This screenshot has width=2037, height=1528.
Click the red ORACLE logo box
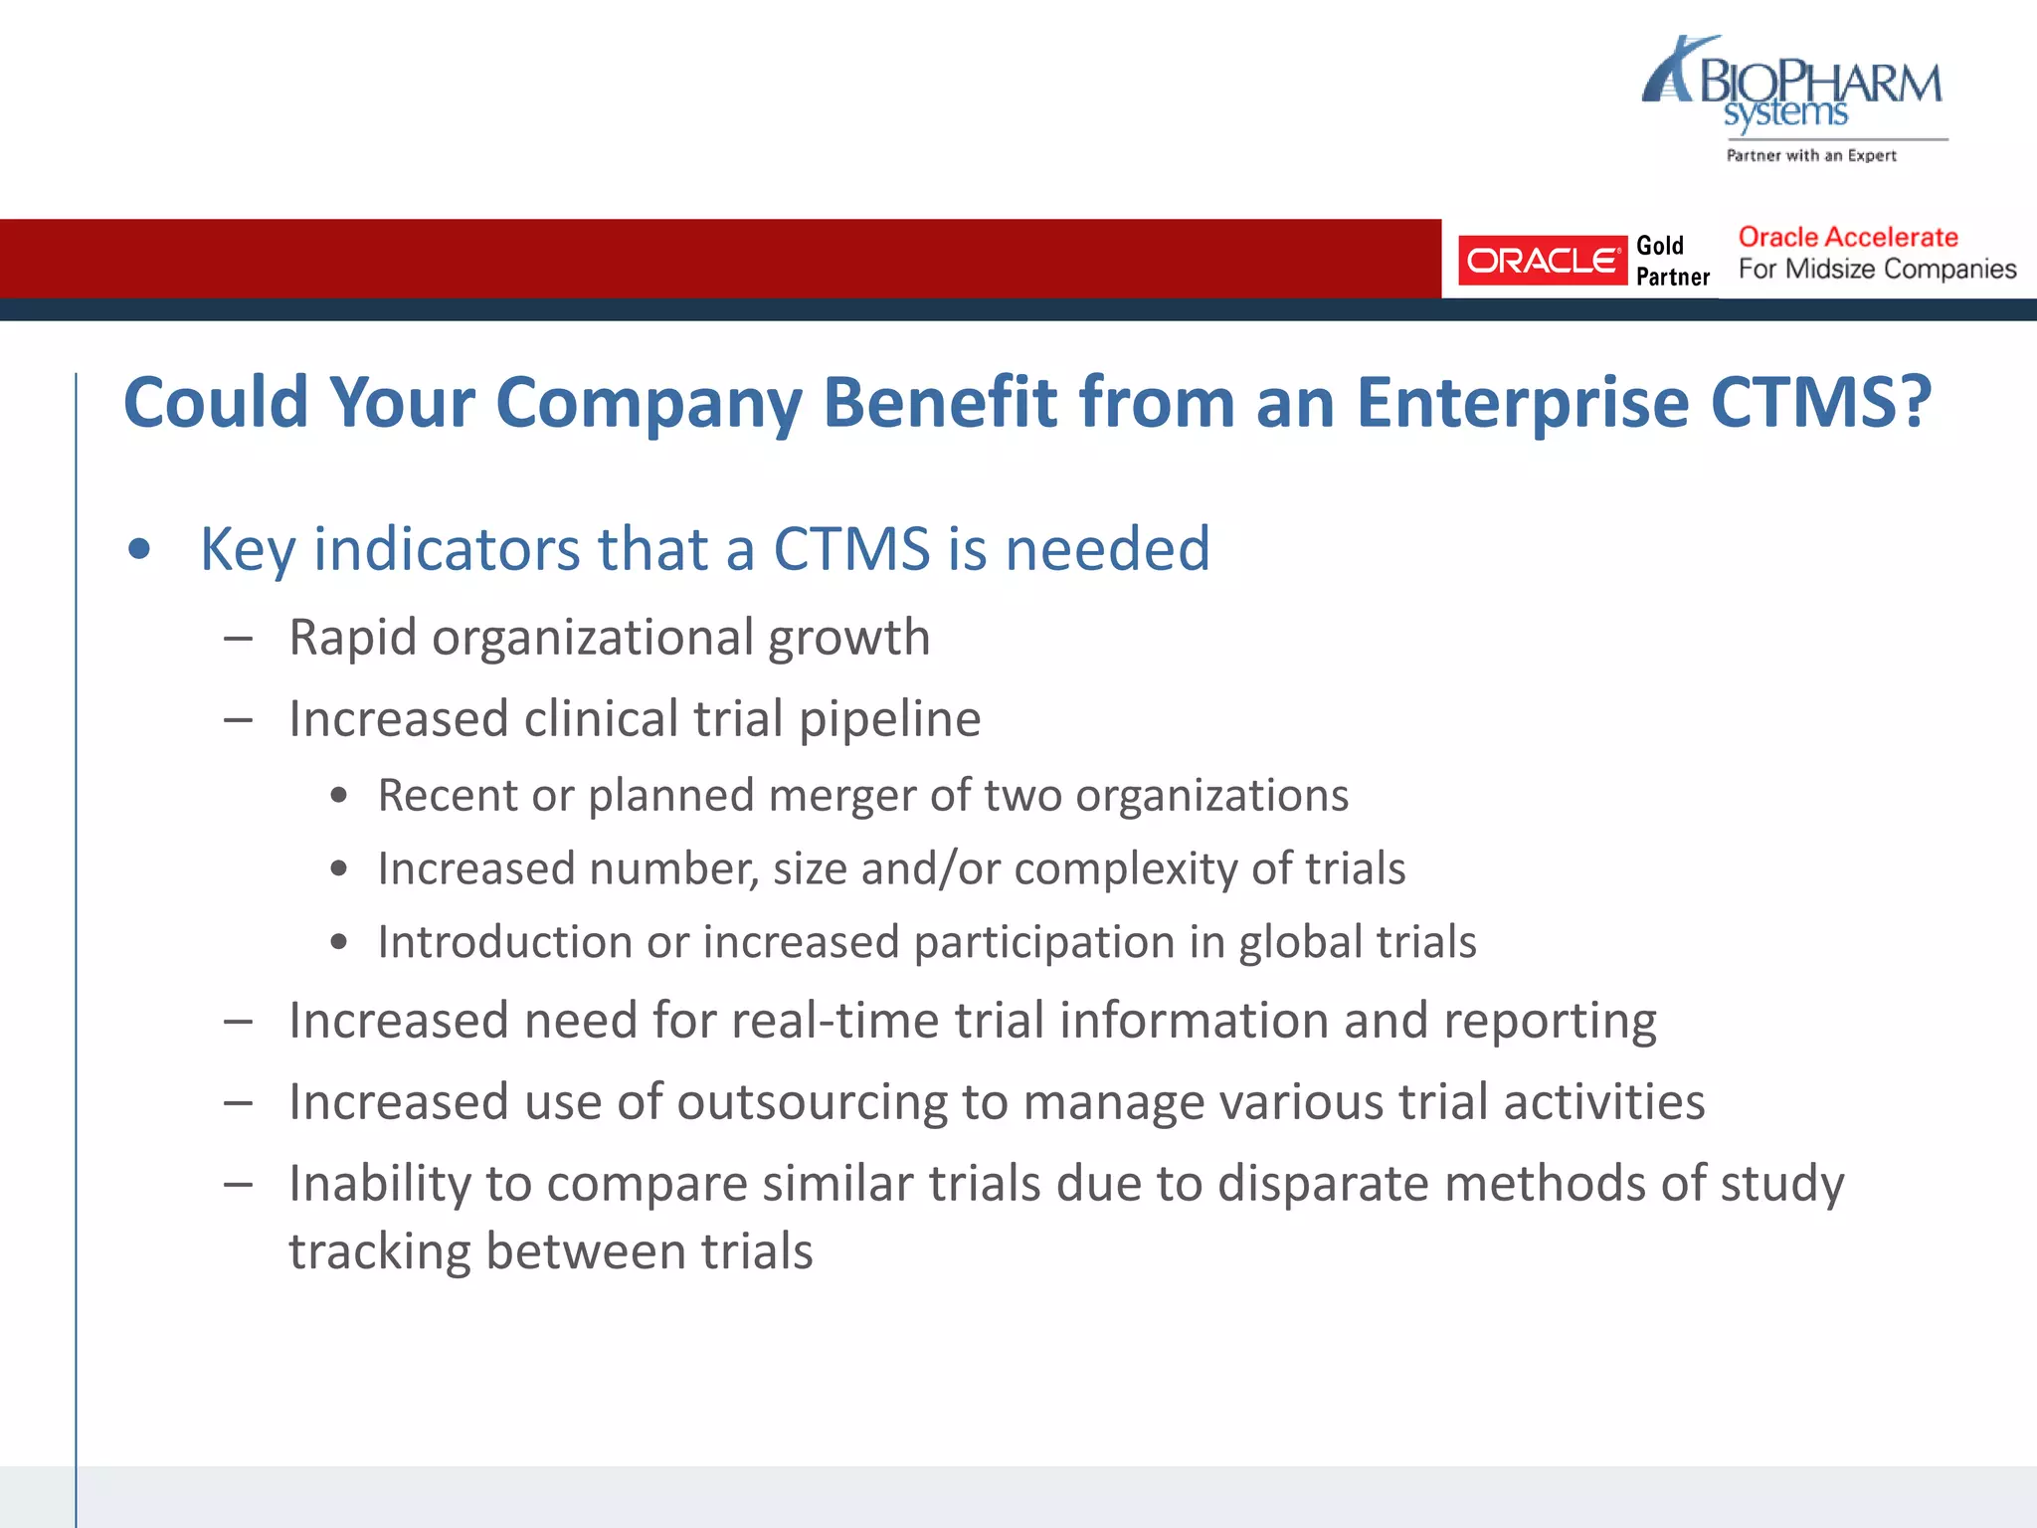pos(1541,261)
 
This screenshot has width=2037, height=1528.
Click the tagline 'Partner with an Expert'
pos(1811,155)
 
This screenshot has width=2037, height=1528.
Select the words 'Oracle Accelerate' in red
pos(1847,237)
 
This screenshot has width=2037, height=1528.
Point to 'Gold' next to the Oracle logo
pos(1659,246)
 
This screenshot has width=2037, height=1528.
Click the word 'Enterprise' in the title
pos(1522,403)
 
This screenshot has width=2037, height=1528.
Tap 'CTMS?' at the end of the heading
pos(1820,403)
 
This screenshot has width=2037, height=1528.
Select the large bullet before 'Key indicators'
pos(139,549)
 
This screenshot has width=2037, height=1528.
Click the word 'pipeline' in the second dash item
pos(889,720)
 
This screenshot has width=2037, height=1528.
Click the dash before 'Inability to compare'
pos(238,1185)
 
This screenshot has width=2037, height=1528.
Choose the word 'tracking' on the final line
pos(379,1252)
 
